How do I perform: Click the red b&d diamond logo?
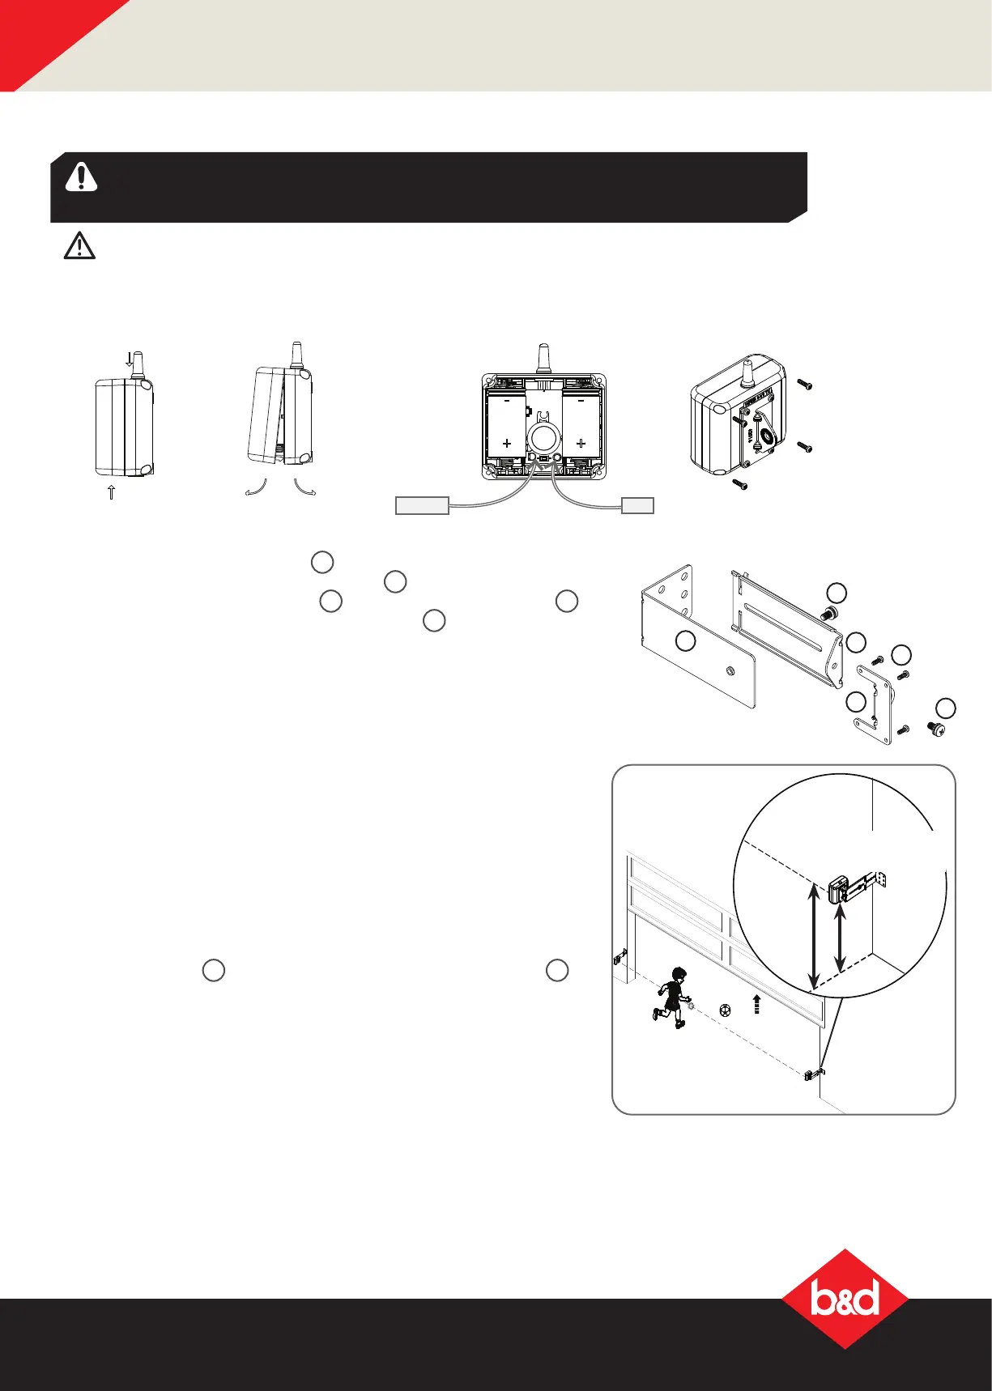coord(845,1297)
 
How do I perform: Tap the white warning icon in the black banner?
coord(81,177)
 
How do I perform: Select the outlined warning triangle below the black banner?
coord(79,245)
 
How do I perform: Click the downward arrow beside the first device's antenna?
coord(129,359)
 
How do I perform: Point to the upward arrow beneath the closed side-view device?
coord(112,491)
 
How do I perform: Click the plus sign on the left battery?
coord(507,443)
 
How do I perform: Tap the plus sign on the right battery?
coord(581,443)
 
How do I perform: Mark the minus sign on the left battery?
coord(507,400)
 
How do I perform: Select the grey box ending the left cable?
coord(421,506)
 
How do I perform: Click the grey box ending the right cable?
coord(637,506)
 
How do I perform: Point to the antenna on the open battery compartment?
coord(543,358)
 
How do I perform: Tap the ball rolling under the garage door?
coord(725,1010)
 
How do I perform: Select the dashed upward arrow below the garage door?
coord(757,1005)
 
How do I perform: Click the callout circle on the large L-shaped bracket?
coord(685,642)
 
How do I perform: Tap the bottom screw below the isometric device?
coord(737,483)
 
